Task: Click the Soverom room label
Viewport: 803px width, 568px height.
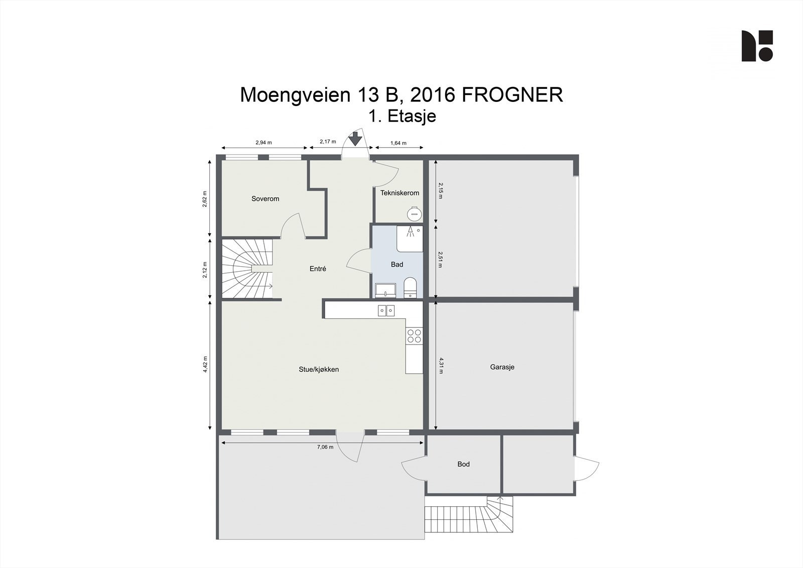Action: [265, 199]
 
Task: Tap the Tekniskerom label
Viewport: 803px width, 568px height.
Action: [399, 193]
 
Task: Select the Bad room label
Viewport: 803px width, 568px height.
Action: [397, 265]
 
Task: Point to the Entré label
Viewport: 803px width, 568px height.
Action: [318, 268]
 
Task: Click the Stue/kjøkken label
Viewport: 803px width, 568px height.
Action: [319, 369]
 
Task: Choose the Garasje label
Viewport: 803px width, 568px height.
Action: [502, 367]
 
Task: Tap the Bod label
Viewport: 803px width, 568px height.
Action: [464, 465]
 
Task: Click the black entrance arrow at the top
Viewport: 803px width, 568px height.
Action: [355, 139]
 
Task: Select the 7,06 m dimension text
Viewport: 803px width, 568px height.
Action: [325, 447]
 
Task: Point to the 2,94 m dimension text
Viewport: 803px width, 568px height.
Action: [263, 143]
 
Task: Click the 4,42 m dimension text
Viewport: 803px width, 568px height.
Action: [205, 364]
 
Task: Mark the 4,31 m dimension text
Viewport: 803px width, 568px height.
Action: [441, 365]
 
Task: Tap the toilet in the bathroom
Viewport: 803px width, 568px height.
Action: [410, 288]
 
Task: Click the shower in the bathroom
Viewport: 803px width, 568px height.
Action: [410, 239]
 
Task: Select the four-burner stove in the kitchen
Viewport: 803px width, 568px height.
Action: [414, 336]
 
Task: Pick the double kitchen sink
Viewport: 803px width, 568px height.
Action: [386, 310]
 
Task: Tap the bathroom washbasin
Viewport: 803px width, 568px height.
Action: [385, 290]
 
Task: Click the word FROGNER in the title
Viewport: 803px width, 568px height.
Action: [512, 95]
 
